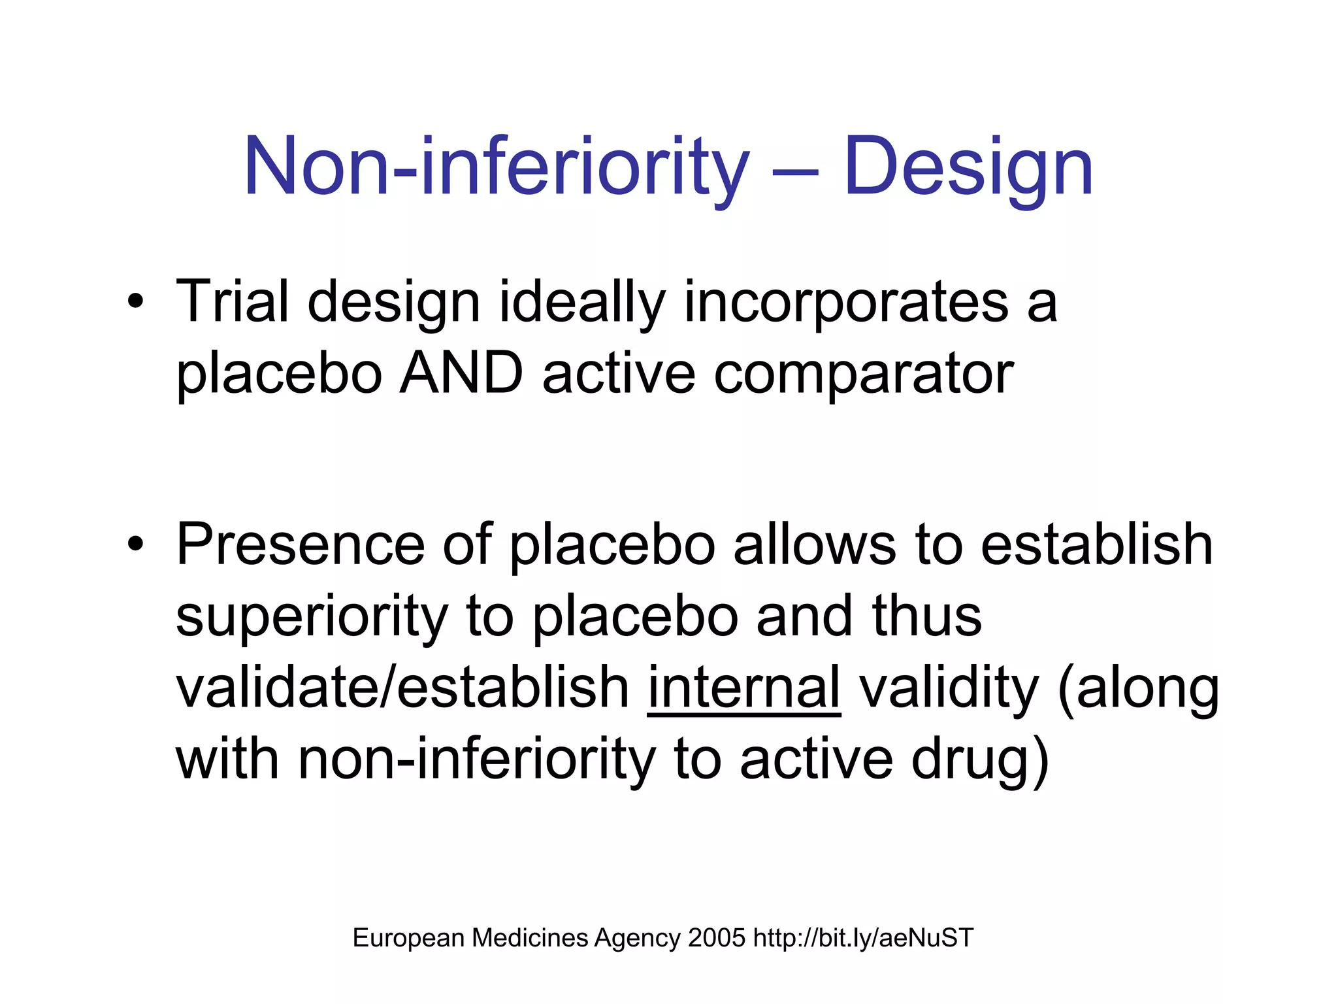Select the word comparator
(864, 376)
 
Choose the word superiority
(312, 618)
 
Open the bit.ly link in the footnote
(863, 938)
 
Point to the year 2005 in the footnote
(716, 938)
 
